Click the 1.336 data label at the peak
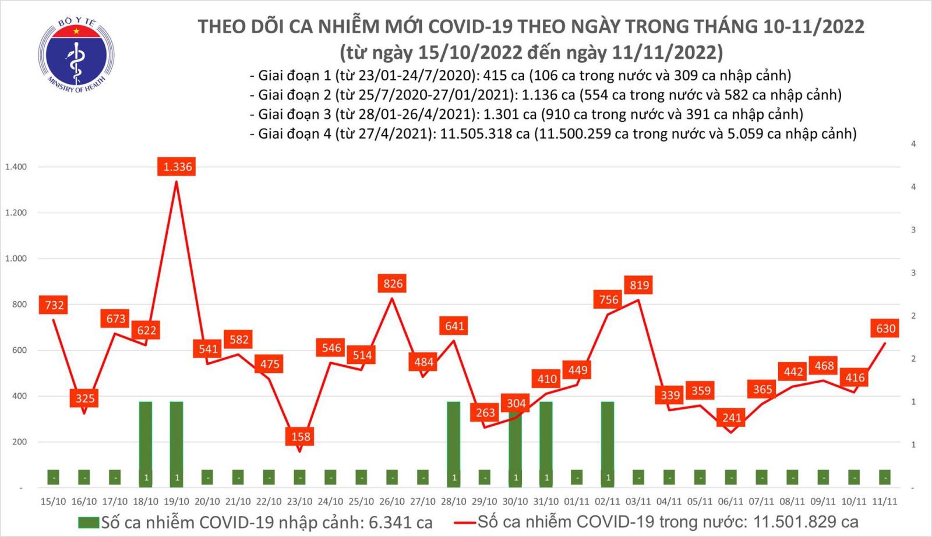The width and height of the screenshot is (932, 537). click(178, 167)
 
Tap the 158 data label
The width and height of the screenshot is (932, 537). click(301, 436)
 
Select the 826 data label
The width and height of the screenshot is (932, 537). click(393, 284)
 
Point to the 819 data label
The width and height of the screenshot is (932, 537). click(639, 285)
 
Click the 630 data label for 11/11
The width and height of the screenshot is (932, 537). click(885, 328)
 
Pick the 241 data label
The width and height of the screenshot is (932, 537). click(732, 418)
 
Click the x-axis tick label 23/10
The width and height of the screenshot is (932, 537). click(299, 501)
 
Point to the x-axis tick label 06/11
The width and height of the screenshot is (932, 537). click(730, 501)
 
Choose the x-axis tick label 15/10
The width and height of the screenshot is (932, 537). click(53, 501)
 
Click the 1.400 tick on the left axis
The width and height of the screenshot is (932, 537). click(16, 167)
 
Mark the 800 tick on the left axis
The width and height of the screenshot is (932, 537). click(20, 305)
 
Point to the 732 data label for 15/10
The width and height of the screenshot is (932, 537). click(54, 305)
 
